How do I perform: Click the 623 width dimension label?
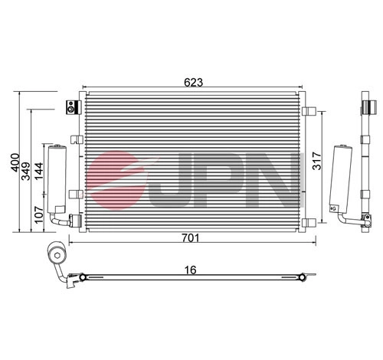point(193,82)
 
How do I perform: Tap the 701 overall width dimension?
point(191,237)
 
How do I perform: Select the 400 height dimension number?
point(15,162)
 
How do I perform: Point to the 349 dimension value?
point(26,172)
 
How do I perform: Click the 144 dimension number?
point(39,171)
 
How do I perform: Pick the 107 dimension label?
point(39,214)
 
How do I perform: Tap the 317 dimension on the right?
point(317,161)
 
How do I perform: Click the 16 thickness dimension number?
point(191,270)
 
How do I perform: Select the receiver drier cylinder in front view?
point(57,178)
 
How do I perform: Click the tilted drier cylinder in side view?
point(342,178)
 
